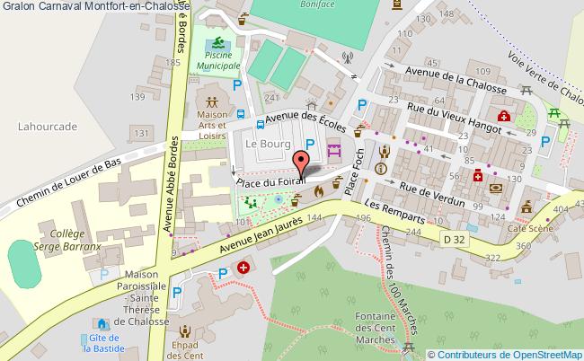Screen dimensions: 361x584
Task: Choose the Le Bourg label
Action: tap(264, 144)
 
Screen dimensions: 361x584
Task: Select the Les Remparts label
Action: tap(405, 212)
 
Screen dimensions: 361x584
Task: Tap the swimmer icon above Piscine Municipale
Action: tap(216, 44)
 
